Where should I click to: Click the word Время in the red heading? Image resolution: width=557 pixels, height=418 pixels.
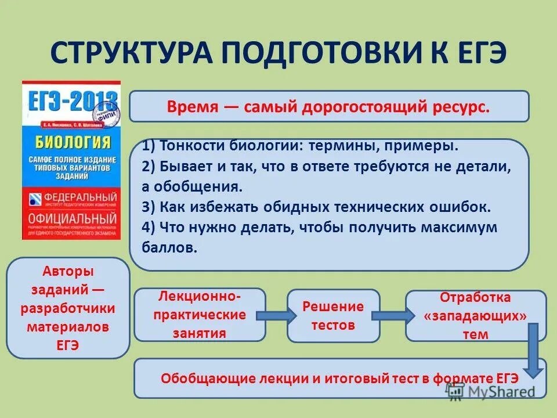click(x=192, y=107)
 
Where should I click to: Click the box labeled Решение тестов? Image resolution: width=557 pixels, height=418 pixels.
click(x=333, y=315)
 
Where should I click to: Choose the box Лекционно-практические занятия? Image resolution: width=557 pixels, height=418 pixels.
click(x=200, y=315)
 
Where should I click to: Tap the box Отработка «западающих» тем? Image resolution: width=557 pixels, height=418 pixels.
click(x=475, y=315)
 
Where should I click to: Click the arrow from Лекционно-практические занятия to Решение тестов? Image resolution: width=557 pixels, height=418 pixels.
click(x=276, y=315)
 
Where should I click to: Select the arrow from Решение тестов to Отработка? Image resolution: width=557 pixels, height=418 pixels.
click(x=392, y=315)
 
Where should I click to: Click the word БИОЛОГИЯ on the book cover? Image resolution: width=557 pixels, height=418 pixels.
click(x=71, y=143)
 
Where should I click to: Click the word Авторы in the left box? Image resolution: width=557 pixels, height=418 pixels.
click(x=68, y=271)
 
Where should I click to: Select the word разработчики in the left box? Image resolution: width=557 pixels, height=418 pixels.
click(x=68, y=308)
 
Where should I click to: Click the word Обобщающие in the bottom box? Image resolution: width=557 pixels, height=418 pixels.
click(x=206, y=378)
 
